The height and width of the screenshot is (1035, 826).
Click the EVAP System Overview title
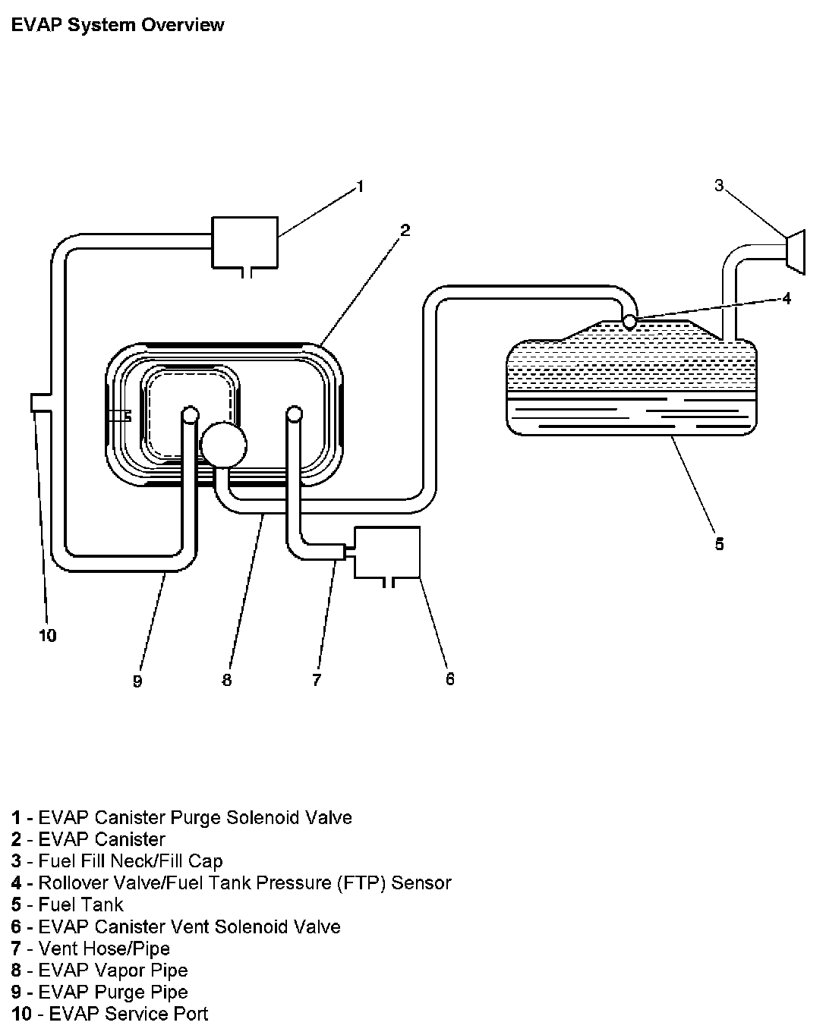118,25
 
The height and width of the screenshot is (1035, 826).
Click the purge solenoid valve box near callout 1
244,241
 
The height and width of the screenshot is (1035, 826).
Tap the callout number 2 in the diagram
405,230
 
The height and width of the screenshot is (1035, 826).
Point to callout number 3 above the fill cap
719,185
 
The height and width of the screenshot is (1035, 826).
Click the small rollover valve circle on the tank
629,322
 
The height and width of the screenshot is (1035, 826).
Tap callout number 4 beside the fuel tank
787,298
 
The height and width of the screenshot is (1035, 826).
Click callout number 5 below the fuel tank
719,543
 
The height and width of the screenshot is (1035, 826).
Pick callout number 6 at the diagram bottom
450,678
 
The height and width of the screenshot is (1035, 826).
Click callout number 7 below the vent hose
317,680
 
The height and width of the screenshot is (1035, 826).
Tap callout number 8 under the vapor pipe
227,680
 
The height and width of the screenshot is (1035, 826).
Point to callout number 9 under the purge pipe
137,681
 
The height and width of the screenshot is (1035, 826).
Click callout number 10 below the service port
47,635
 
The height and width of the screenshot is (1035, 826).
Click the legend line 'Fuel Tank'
80,904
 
